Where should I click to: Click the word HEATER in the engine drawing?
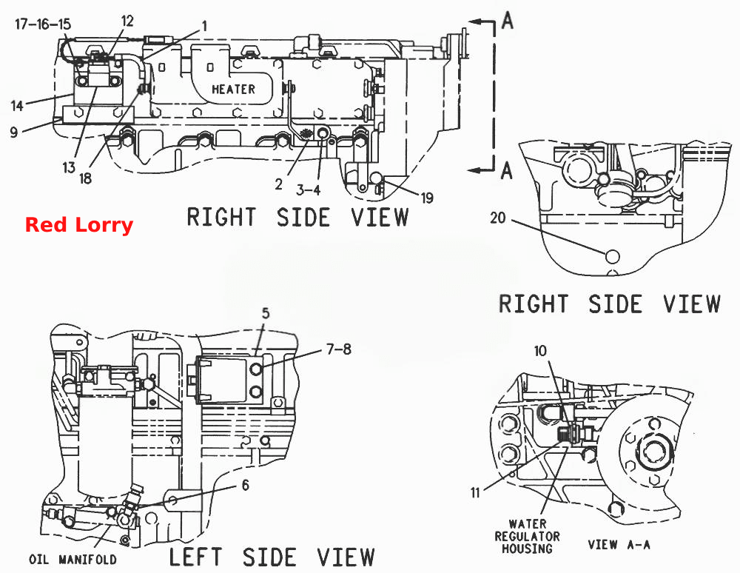coord(233,89)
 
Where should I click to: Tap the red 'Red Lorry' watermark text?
coord(79,224)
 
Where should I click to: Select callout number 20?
coord(497,218)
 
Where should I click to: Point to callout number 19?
coord(427,198)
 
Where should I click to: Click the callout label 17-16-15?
coord(43,24)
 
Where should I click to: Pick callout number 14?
coord(17,106)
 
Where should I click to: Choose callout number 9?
coord(13,132)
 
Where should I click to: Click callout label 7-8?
coord(340,349)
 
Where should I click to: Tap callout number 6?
coord(246,485)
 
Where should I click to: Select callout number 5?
coord(266,313)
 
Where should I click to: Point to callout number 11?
coord(475,493)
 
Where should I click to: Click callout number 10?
coord(540,351)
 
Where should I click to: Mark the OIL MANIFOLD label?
coord(73,560)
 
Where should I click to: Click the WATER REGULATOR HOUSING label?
coord(527,536)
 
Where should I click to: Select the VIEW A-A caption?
coord(619,545)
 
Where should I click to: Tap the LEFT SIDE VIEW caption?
coord(272,557)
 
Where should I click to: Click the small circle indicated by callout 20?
coord(613,257)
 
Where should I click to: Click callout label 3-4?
coord(308,190)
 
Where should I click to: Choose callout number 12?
coord(127,21)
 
